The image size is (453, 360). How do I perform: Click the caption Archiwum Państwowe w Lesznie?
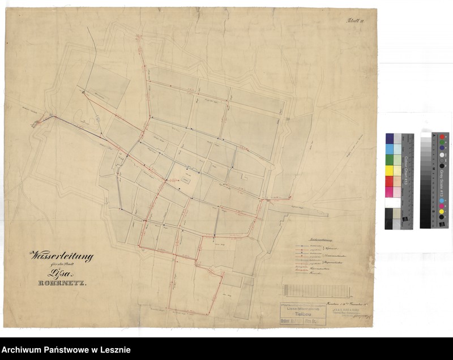coord(66,350)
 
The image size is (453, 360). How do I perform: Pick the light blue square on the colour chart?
coord(390,149)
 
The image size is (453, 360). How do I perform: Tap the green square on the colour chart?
coord(390,160)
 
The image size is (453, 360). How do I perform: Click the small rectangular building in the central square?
coord(185,178)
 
